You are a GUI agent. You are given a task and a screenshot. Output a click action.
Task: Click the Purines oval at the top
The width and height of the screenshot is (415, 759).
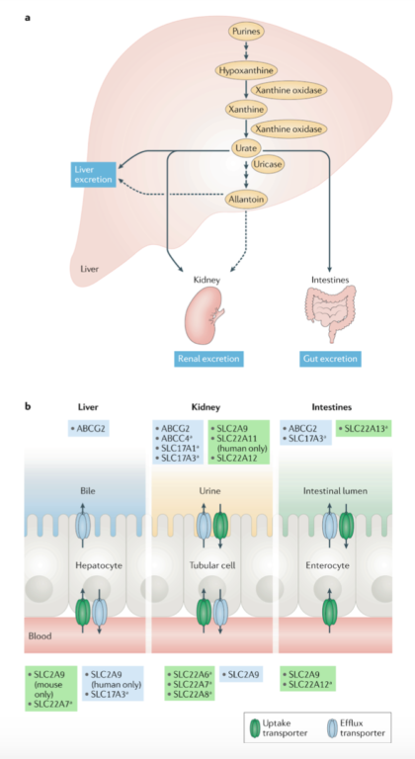click(246, 33)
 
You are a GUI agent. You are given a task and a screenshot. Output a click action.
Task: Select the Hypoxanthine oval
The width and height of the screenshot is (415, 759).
click(245, 70)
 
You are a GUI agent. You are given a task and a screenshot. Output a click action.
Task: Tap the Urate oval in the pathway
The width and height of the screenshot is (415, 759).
click(245, 147)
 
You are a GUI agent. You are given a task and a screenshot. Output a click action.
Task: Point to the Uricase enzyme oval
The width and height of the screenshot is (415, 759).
click(270, 165)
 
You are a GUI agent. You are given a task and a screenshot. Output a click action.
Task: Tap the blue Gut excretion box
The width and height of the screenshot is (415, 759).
click(330, 359)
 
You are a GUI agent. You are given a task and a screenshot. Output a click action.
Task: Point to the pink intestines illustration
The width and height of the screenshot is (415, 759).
click(330, 313)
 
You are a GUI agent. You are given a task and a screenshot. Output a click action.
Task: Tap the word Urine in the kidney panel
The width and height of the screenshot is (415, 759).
click(208, 489)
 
